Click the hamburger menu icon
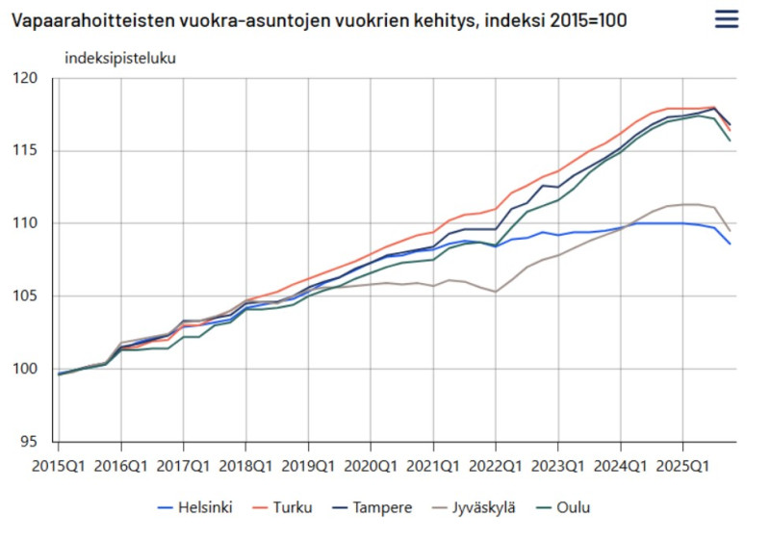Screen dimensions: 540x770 (728, 18)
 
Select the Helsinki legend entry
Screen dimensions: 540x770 (196, 507)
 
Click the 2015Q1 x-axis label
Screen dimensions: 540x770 (59, 466)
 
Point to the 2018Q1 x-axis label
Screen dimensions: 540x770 (245, 466)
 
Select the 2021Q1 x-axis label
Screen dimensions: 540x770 (433, 466)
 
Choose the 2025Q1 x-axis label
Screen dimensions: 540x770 (682, 466)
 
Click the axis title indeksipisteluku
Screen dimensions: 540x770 (120, 57)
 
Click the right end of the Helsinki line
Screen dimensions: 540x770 (730, 244)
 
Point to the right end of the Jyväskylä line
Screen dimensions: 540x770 (730, 231)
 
